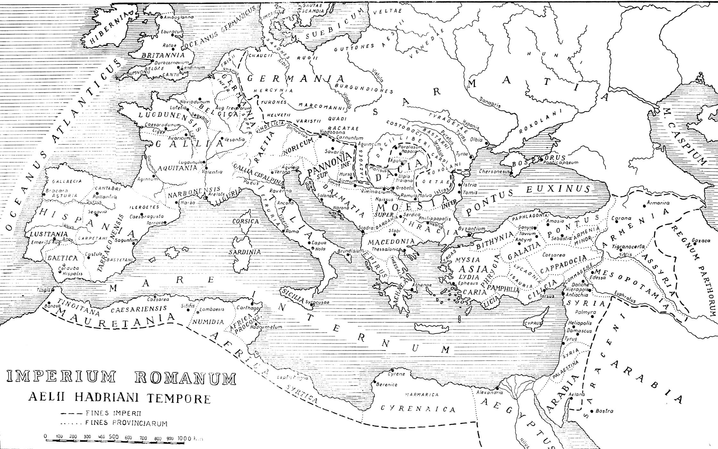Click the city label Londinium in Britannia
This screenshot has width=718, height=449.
pyautogui.click(x=193, y=68)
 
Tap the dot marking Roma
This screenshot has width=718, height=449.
pyautogui.click(x=283, y=231)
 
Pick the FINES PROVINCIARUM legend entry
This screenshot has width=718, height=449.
pyautogui.click(x=127, y=423)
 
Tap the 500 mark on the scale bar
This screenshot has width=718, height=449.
pyautogui.click(x=114, y=437)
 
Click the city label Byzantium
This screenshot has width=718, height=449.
pyautogui.click(x=472, y=229)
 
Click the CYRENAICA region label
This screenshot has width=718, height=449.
pyautogui.click(x=418, y=409)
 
